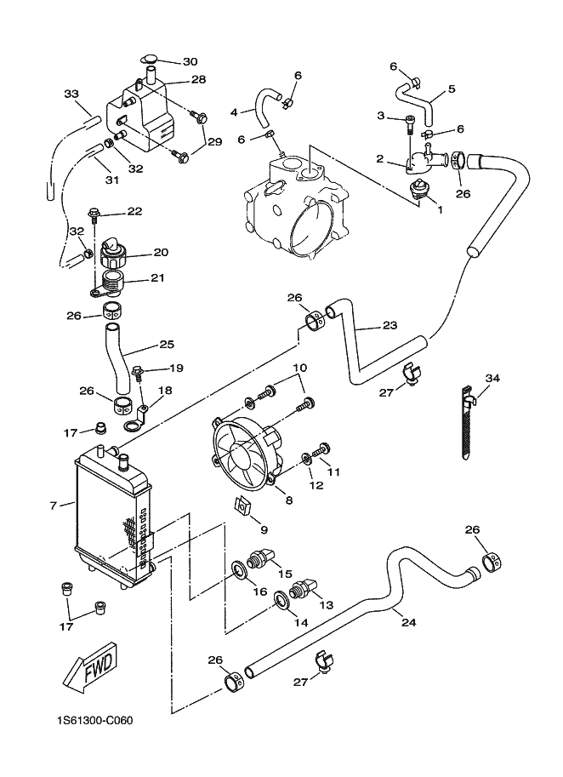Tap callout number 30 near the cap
pos(189,61)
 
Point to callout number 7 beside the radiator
pos(53,506)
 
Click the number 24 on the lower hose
pos(408,622)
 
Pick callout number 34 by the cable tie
pos(492,378)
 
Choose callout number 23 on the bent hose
pos(390,326)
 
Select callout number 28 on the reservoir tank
pos(198,80)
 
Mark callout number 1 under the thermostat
pos(440,209)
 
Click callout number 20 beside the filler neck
pos(161,252)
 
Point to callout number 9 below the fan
pos(264,529)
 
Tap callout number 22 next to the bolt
pos(134,211)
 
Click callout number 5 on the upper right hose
pos(451,89)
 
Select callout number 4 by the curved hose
pos(234,111)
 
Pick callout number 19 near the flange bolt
pos(176,369)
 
